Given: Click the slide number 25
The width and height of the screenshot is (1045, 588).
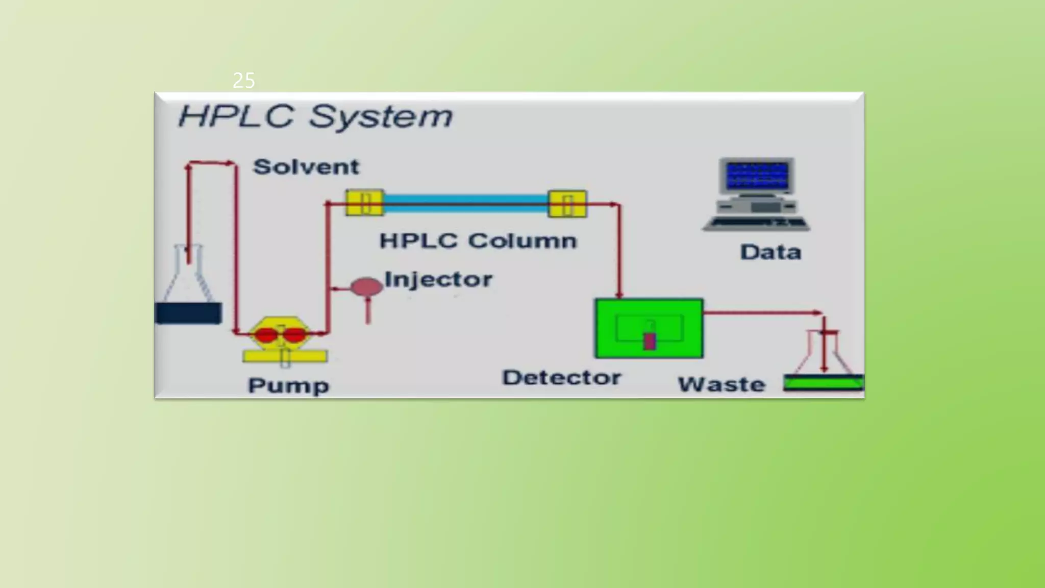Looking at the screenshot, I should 243,81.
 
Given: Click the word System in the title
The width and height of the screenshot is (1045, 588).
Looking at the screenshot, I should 381,117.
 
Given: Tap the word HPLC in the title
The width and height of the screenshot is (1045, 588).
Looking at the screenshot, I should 236,116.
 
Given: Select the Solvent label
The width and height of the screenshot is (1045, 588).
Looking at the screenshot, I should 306,167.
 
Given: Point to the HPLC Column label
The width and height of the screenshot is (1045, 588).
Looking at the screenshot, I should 478,241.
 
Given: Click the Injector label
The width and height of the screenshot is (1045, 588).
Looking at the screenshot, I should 438,280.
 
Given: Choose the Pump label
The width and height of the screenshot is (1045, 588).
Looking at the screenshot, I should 288,385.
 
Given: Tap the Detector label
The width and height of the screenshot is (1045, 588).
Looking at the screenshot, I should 561,378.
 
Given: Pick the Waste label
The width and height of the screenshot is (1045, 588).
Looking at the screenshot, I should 721,384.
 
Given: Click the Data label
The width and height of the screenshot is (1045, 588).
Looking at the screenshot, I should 770,252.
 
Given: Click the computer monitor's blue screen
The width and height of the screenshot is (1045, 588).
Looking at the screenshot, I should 757,176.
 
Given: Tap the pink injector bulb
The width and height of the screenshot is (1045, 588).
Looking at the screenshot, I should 366,287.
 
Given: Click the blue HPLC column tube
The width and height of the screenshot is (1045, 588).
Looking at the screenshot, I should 465,204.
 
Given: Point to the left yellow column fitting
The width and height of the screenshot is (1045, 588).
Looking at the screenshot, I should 364,203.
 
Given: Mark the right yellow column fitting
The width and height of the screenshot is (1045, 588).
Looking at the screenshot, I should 567,204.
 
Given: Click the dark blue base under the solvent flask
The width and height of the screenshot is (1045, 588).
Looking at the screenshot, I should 188,313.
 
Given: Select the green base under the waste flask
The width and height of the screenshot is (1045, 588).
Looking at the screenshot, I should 823,383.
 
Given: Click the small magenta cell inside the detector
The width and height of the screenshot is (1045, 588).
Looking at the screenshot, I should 650,341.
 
